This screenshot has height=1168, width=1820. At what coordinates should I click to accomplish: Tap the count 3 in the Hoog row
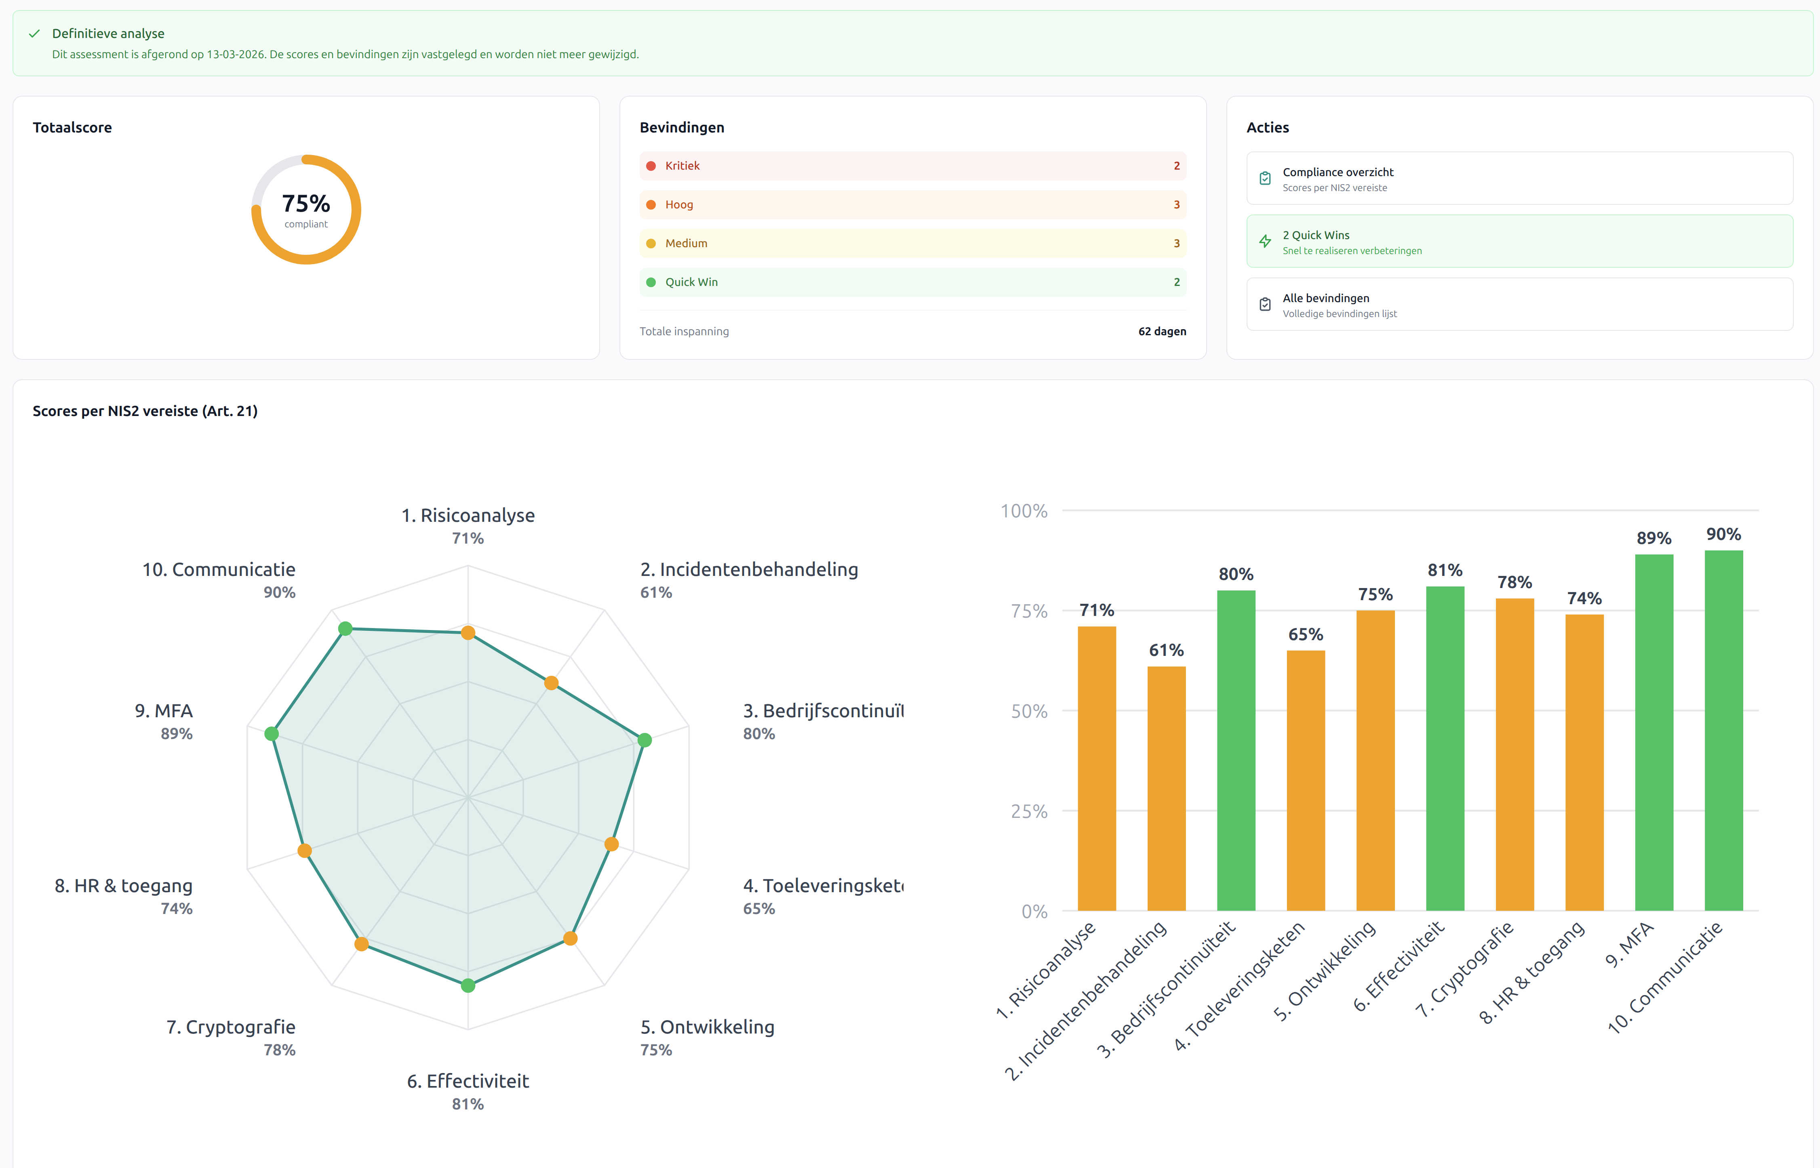click(x=1176, y=205)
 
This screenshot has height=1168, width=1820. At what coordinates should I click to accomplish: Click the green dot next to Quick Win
click(x=650, y=282)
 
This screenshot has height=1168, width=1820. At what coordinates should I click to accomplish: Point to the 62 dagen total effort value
click(x=1161, y=332)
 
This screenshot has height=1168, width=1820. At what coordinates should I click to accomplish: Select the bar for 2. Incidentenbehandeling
click(x=1166, y=789)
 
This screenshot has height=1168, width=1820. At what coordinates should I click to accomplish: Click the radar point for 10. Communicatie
click(x=345, y=629)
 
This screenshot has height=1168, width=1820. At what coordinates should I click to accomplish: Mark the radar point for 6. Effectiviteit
click(x=468, y=985)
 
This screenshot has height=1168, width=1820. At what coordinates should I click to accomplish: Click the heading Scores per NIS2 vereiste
click(x=145, y=411)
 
